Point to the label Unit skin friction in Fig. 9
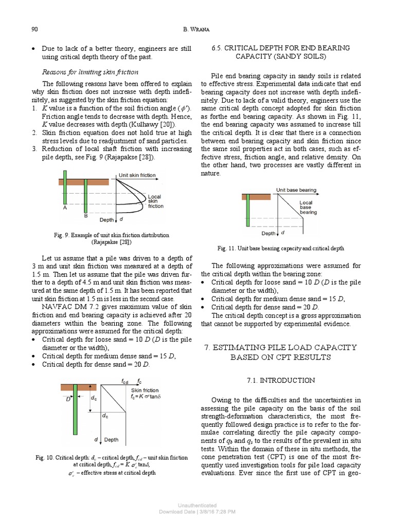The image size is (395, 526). tap(137, 175)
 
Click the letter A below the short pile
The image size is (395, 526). tap(65, 208)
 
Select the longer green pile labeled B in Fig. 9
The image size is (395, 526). tap(86, 193)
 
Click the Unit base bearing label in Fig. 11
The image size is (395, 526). tap(296, 190)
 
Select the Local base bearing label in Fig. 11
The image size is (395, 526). tap(309, 207)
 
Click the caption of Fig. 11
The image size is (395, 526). tap(280, 248)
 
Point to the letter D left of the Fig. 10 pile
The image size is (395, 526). tap(67, 399)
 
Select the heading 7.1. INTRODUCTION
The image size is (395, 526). tap(280, 381)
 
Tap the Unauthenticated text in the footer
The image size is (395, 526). tap(197, 505)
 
